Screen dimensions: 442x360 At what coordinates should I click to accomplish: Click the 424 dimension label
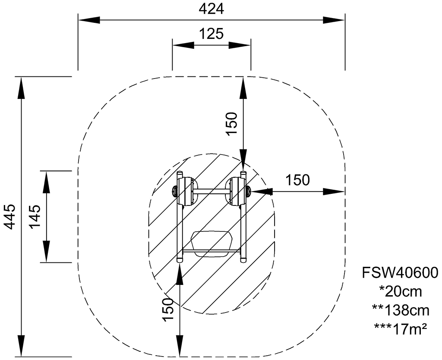point(211,9)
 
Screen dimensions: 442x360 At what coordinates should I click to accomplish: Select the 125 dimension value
point(211,34)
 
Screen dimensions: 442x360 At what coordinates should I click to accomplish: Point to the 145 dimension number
point(35,217)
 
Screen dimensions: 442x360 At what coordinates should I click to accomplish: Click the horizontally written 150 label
point(298,180)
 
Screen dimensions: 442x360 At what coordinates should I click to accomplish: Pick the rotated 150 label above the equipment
point(232,124)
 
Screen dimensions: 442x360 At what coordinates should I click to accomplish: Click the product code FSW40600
point(400,273)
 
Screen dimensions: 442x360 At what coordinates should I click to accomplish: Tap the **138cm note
point(400,310)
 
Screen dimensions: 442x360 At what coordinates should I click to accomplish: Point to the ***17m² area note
point(400,328)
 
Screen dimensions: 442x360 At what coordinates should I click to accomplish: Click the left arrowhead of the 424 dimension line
point(89,20)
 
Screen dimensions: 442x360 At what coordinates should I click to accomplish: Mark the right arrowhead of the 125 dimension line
point(240,45)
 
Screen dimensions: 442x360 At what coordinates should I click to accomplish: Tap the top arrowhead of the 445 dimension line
point(21,88)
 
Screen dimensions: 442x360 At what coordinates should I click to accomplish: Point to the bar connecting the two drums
point(212,191)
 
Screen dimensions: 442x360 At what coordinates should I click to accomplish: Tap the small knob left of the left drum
point(175,191)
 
